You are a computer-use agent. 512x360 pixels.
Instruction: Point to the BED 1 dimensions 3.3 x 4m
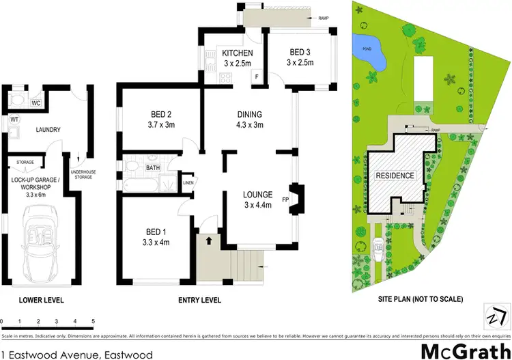(156, 241)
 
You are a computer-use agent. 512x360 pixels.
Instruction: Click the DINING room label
(248, 114)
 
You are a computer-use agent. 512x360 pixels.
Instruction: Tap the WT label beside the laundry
(13, 120)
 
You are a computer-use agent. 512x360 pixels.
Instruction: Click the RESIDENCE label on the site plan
(395, 176)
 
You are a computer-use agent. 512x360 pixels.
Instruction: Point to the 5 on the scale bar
(93, 320)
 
